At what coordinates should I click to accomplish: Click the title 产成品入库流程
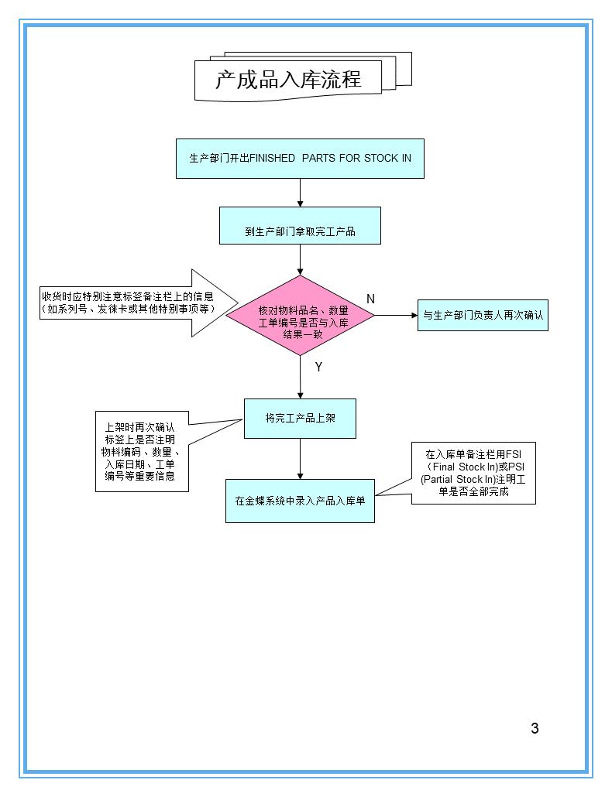click(x=288, y=80)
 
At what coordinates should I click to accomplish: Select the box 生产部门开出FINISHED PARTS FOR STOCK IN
click(x=300, y=159)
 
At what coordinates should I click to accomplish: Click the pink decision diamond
click(x=300, y=316)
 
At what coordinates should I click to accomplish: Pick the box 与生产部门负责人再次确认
click(x=483, y=315)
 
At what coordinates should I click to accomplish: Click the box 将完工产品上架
click(x=300, y=419)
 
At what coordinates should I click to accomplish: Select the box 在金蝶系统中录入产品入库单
click(x=300, y=501)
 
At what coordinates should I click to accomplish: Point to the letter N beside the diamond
click(x=370, y=299)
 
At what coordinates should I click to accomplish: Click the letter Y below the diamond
click(x=318, y=368)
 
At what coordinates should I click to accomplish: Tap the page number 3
click(x=535, y=727)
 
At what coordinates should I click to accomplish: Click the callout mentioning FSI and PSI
click(x=473, y=473)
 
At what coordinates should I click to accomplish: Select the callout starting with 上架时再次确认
click(x=142, y=451)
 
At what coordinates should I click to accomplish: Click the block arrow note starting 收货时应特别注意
click(x=132, y=303)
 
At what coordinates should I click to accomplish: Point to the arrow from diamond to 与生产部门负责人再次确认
click(x=396, y=315)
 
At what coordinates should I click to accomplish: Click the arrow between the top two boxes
click(x=300, y=193)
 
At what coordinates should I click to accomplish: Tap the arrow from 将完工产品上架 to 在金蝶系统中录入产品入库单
click(x=300, y=459)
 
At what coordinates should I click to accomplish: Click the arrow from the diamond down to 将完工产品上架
click(x=300, y=377)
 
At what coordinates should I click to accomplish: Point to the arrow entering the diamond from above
click(x=300, y=259)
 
